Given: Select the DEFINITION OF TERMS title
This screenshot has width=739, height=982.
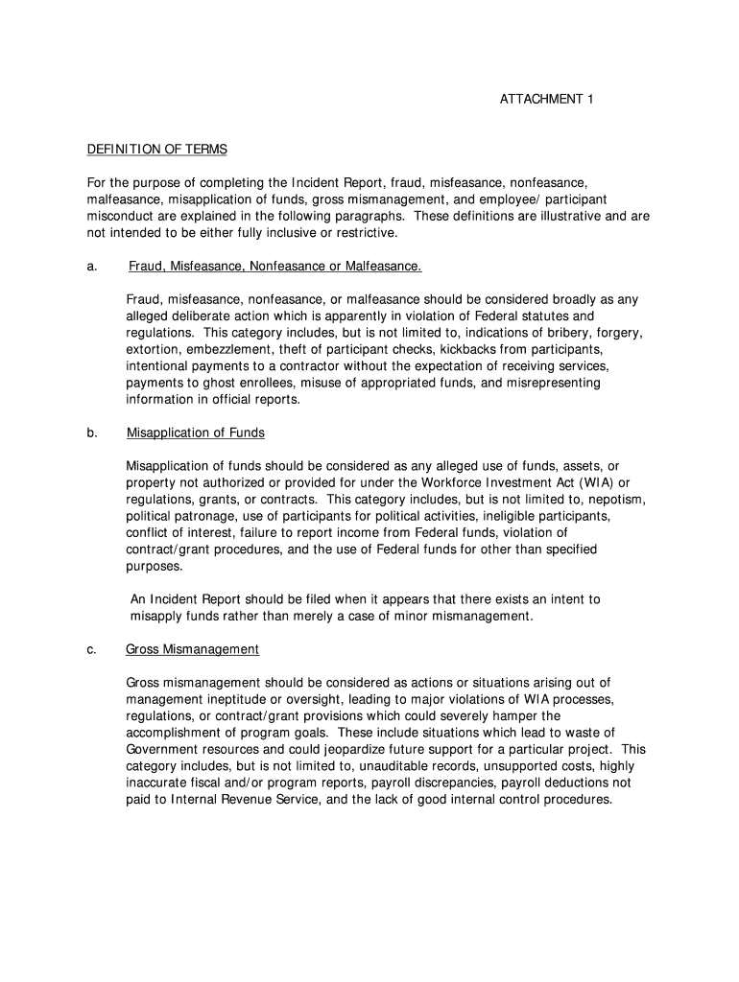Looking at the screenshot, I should point(157,150).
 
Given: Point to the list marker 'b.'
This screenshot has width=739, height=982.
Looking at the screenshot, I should point(93,433).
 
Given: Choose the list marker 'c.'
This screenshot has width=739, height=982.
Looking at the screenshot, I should point(92,649).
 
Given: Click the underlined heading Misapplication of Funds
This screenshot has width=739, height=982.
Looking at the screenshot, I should point(196,433).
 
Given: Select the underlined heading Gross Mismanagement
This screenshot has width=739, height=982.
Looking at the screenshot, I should point(192,649).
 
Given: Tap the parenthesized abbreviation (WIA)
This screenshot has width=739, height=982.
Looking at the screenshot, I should point(593,482).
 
